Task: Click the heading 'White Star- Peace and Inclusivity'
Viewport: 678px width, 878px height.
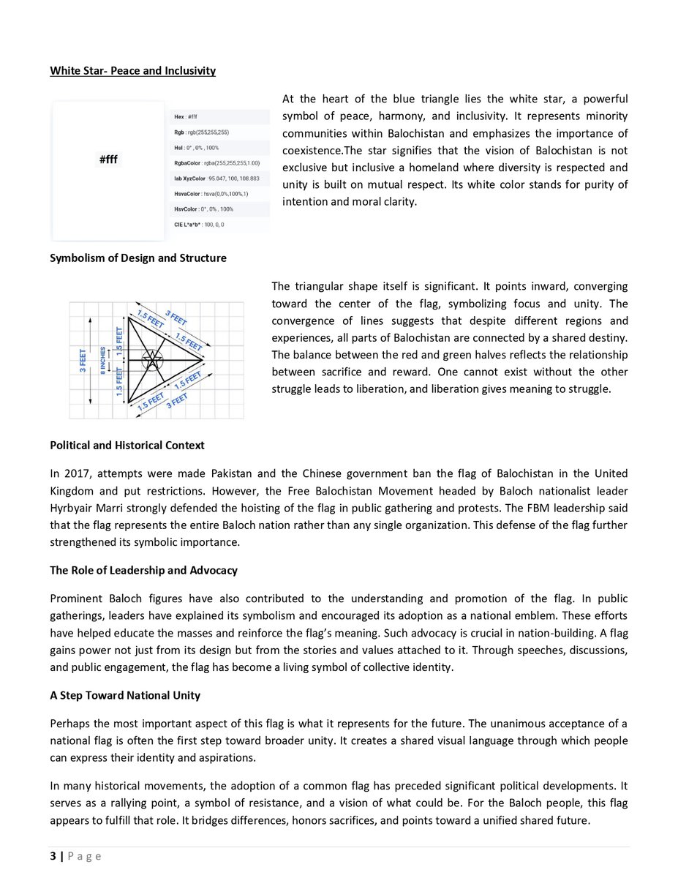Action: (x=132, y=71)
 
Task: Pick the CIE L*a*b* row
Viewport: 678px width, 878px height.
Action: (x=195, y=224)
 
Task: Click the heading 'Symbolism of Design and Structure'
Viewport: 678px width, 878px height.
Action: (x=138, y=258)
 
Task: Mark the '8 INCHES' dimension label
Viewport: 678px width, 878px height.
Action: (x=105, y=360)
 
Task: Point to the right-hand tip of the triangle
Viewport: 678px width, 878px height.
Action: (x=203, y=359)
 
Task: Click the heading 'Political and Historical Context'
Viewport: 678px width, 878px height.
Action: (x=127, y=445)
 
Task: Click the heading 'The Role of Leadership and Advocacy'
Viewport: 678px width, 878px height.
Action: (x=143, y=570)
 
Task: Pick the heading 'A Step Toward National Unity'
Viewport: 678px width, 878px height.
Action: (x=125, y=695)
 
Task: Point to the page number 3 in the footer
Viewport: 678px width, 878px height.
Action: (x=53, y=856)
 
